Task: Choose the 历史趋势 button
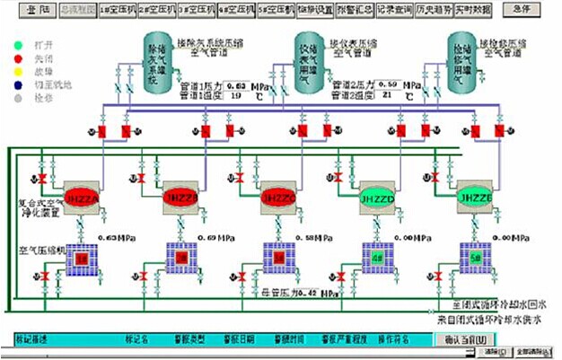pyautogui.click(x=433, y=9)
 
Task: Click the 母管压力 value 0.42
pyautogui.click(x=308, y=293)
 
